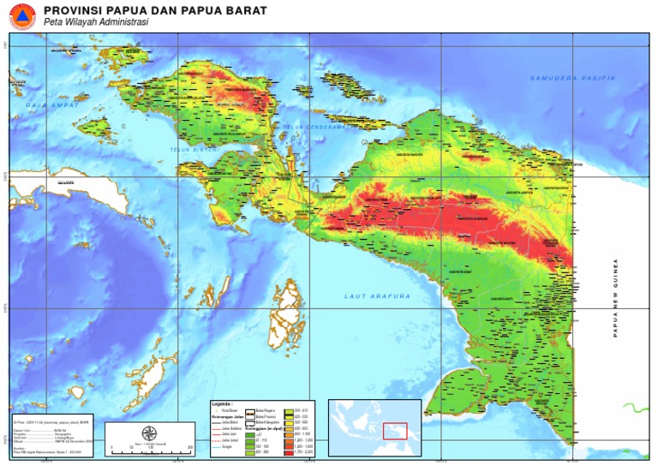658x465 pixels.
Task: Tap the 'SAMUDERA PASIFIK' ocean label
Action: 573,78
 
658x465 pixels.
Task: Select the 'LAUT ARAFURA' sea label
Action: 377,296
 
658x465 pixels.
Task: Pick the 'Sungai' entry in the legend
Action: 227,444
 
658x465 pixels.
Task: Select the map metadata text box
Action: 53,436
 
